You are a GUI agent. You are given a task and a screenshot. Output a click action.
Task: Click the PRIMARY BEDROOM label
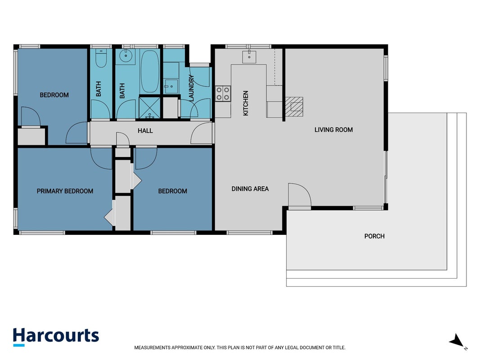tap(65, 191)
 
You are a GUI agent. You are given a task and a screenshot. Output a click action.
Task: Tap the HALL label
tap(145, 130)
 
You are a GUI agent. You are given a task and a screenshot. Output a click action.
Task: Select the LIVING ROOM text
tap(334, 130)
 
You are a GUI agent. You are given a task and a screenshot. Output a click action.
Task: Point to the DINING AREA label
tap(250, 189)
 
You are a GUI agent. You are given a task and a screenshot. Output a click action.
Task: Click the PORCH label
tap(374, 236)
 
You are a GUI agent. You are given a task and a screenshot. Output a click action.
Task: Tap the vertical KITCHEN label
tap(246, 103)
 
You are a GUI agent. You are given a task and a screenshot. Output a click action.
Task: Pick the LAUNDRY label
tap(191, 88)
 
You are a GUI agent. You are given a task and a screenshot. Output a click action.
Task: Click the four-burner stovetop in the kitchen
tap(223, 94)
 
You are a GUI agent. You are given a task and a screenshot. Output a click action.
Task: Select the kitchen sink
tap(249, 57)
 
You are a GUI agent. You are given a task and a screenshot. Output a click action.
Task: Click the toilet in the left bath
tap(101, 58)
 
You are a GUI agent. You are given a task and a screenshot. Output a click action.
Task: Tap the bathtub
tap(150, 72)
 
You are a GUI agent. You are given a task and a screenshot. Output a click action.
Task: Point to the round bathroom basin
tap(126, 56)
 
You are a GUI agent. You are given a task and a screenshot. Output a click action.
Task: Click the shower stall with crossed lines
tap(149, 108)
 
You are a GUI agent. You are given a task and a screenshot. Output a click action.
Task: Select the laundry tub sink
tap(171, 86)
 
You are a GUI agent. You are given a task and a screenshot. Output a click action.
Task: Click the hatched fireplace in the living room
tap(294, 107)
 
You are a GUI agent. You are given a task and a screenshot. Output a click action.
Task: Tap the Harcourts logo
tap(56, 337)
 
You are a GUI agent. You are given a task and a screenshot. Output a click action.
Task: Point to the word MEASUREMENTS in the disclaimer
tap(153, 348)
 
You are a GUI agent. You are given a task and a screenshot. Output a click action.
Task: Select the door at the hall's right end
tap(202, 133)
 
